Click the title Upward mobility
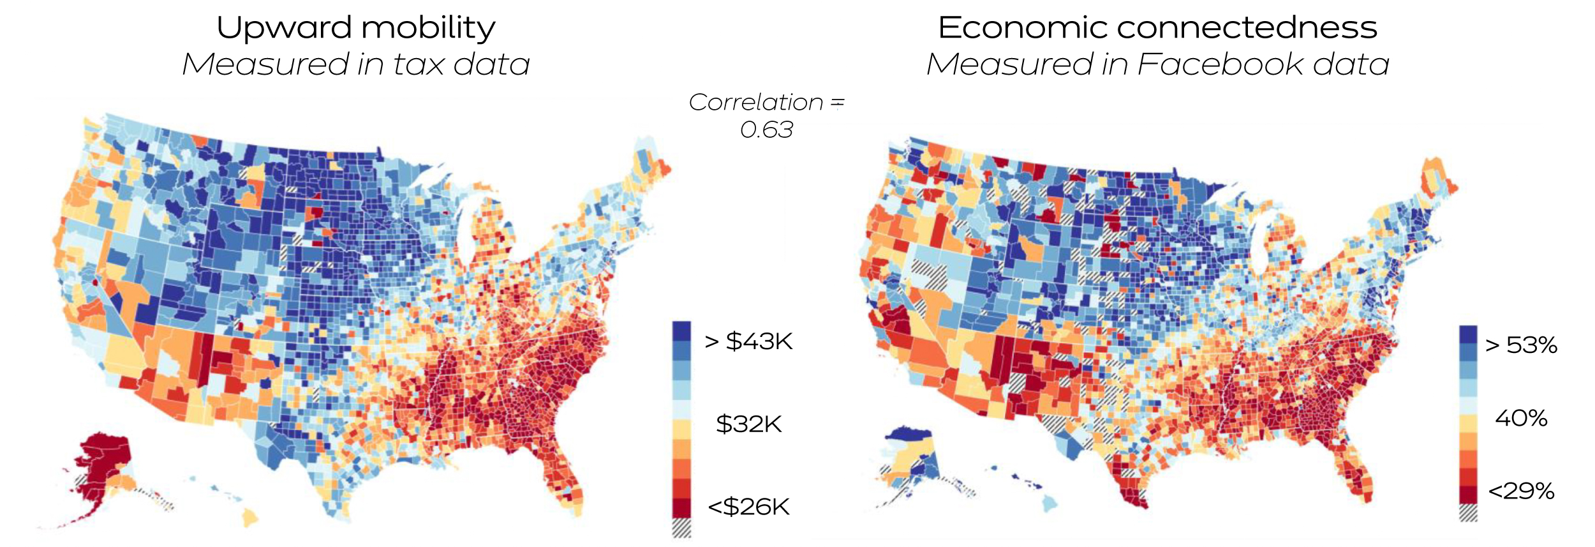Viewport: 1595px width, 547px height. coord(355,28)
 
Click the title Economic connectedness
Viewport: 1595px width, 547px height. coord(1157,28)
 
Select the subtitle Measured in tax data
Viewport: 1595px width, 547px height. coord(355,64)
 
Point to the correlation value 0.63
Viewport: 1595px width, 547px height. coord(766,130)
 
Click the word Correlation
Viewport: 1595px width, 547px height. coord(756,102)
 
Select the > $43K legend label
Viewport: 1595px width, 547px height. coord(748,341)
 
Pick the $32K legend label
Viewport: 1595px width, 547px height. coord(748,424)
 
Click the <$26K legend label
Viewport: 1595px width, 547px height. coord(748,507)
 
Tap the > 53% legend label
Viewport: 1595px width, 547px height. coord(1521,345)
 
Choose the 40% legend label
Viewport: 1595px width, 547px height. coord(1521,419)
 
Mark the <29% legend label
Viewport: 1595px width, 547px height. coord(1521,491)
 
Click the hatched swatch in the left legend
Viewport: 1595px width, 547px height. coord(681,527)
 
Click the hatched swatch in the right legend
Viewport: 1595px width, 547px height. coord(1468,513)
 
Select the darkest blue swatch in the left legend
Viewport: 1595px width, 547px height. coord(681,331)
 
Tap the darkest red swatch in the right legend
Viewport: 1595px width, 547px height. coord(1468,495)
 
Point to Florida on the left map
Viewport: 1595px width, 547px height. coord(565,472)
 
